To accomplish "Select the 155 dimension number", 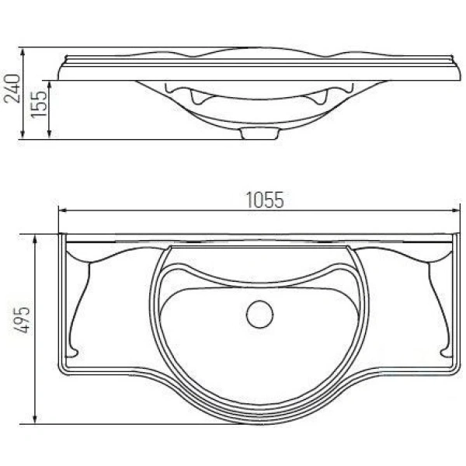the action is coord(39,104).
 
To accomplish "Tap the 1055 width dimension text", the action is coord(265,200).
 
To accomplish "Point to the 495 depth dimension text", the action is coord(23,320).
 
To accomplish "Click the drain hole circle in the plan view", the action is coord(259,315).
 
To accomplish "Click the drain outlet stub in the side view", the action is coord(259,134).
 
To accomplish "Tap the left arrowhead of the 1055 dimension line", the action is coord(63,210).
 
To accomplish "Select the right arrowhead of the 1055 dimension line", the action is coord(456,210).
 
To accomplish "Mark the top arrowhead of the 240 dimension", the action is coord(23,53).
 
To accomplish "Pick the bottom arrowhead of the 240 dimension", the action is coord(23,134).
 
